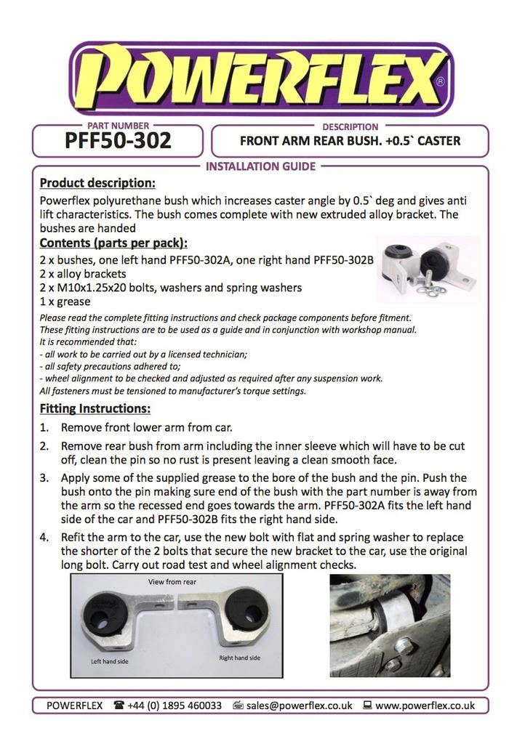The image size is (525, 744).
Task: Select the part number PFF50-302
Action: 118,140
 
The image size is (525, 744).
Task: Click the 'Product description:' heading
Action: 97,183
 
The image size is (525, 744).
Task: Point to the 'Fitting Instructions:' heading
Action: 95,408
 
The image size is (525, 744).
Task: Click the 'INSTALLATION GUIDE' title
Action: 261,166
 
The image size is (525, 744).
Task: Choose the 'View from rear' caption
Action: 172,582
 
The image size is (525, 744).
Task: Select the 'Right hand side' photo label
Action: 240,658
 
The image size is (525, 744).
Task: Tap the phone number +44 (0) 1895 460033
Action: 175,705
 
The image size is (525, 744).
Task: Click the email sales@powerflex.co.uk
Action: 299,705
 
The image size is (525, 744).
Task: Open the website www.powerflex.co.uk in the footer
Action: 425,705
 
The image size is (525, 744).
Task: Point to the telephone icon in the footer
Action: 119,705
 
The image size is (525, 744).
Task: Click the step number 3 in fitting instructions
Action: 44,478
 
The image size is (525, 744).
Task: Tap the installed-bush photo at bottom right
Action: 390,626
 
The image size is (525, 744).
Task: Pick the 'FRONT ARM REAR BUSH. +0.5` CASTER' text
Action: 350,141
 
